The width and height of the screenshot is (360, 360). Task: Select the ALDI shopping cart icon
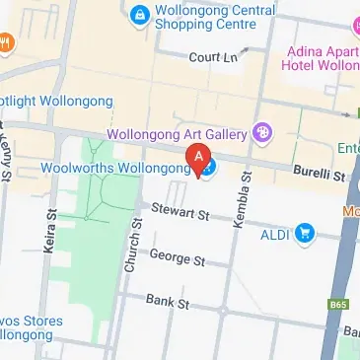click(x=305, y=234)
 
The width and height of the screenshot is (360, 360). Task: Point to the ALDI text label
click(x=275, y=234)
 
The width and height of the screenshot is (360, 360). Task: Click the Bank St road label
click(x=166, y=301)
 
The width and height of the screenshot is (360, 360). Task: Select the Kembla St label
click(x=242, y=201)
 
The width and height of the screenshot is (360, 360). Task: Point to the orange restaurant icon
click(x=6, y=41)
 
